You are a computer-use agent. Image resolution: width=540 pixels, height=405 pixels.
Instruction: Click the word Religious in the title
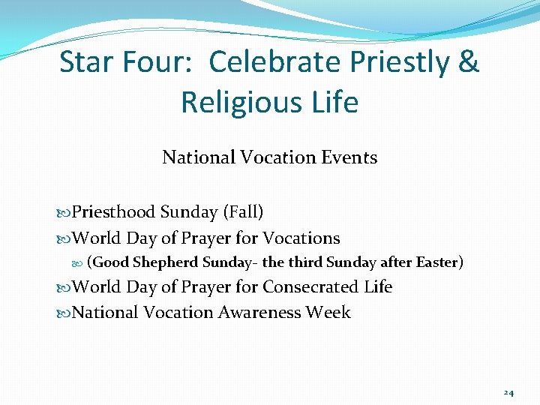(241, 102)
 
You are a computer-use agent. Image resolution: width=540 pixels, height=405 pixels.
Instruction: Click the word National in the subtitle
(198, 157)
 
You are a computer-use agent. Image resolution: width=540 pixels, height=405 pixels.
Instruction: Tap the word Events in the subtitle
(350, 157)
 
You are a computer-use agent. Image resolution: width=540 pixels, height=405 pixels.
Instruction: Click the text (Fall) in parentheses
(243, 213)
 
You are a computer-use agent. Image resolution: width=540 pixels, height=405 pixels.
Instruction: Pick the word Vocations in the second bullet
(301, 238)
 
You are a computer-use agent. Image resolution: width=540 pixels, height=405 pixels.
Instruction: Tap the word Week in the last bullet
(328, 312)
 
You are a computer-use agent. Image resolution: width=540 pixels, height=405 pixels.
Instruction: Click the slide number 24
(508, 392)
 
